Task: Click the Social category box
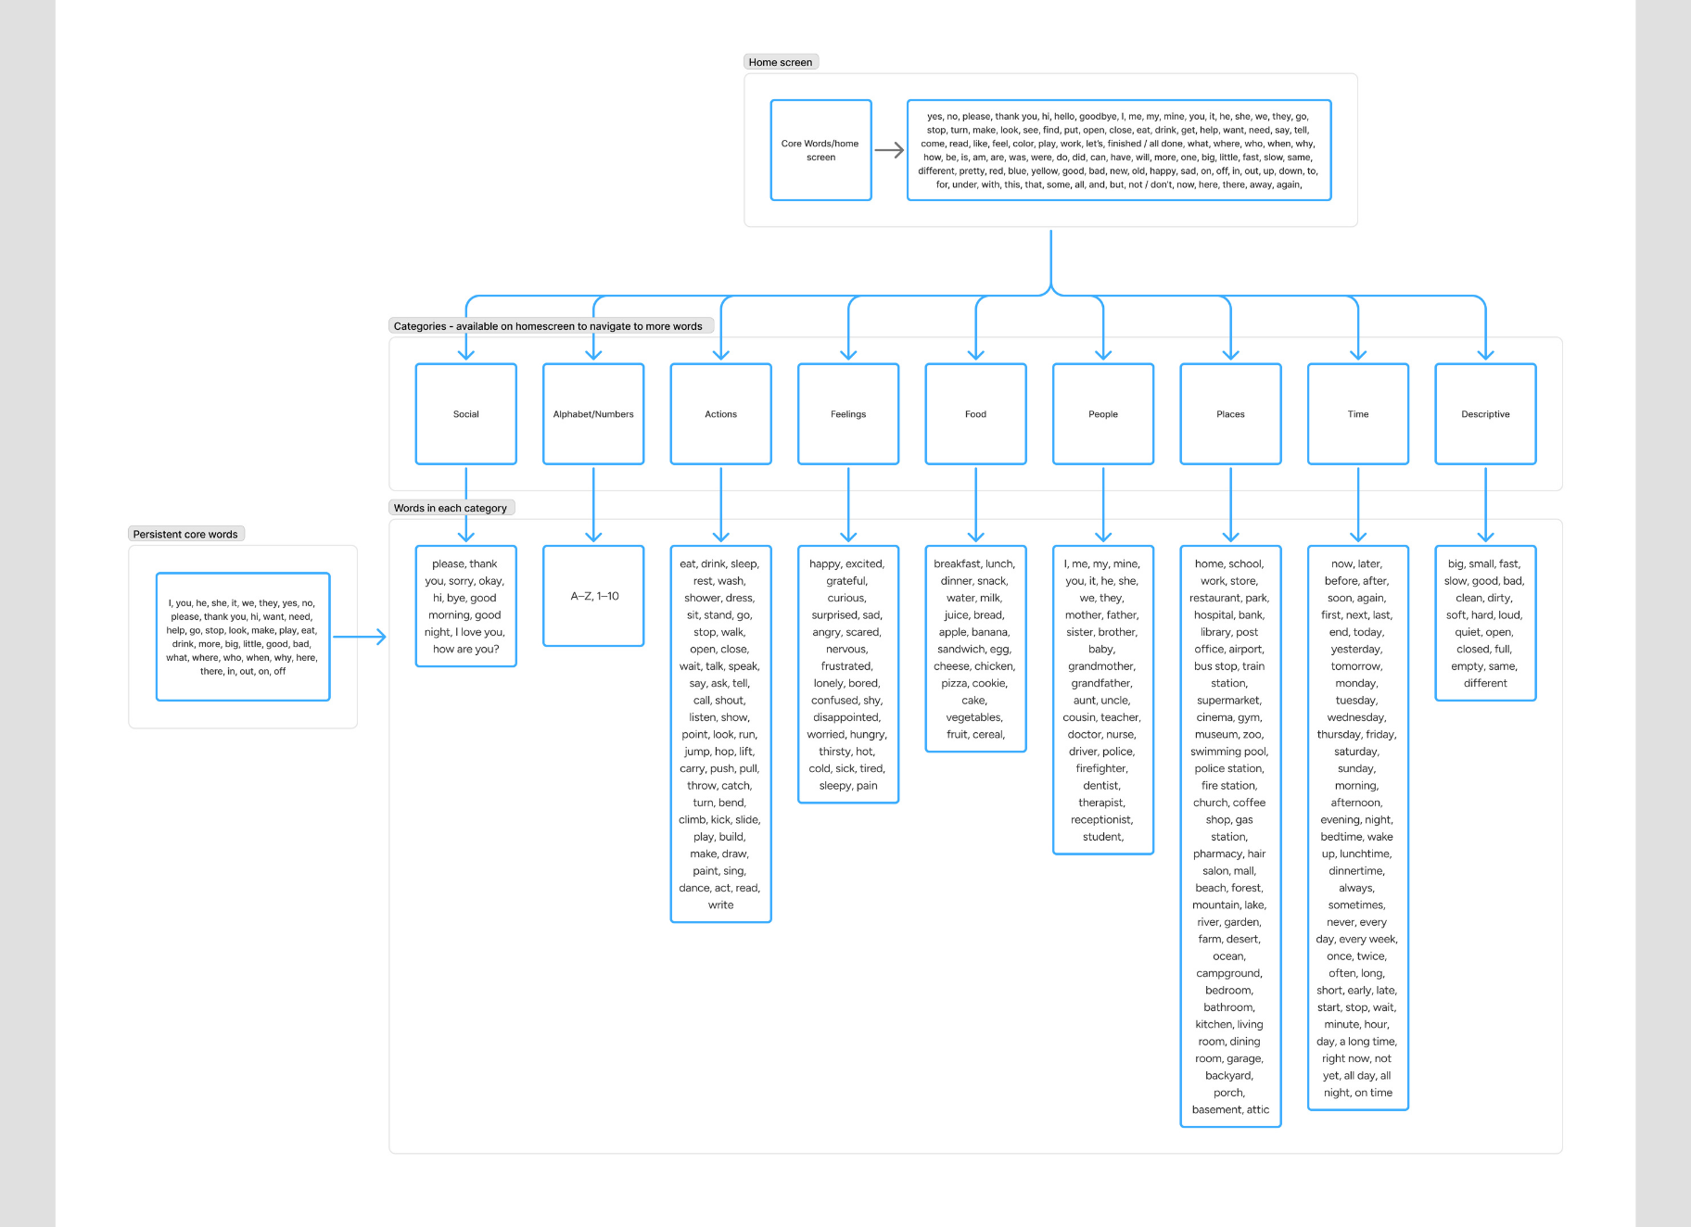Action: point(465,414)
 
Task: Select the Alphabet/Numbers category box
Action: point(593,414)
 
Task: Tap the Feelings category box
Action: point(848,414)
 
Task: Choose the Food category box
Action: point(975,414)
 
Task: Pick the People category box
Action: point(1103,414)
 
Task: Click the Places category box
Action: point(1230,414)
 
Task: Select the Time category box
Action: point(1358,414)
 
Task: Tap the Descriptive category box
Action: point(1485,414)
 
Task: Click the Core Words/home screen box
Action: point(820,150)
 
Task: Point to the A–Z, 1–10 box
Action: point(594,596)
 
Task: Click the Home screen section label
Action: point(781,62)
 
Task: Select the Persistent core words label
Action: point(185,534)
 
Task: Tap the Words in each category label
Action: point(451,508)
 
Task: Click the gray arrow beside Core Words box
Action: point(889,150)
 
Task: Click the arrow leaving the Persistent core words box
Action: point(360,637)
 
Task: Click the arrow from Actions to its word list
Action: point(721,505)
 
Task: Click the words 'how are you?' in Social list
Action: point(465,649)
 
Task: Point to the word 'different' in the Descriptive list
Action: point(1485,683)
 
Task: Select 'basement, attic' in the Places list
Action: point(1230,1109)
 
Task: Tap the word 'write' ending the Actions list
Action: point(720,904)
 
